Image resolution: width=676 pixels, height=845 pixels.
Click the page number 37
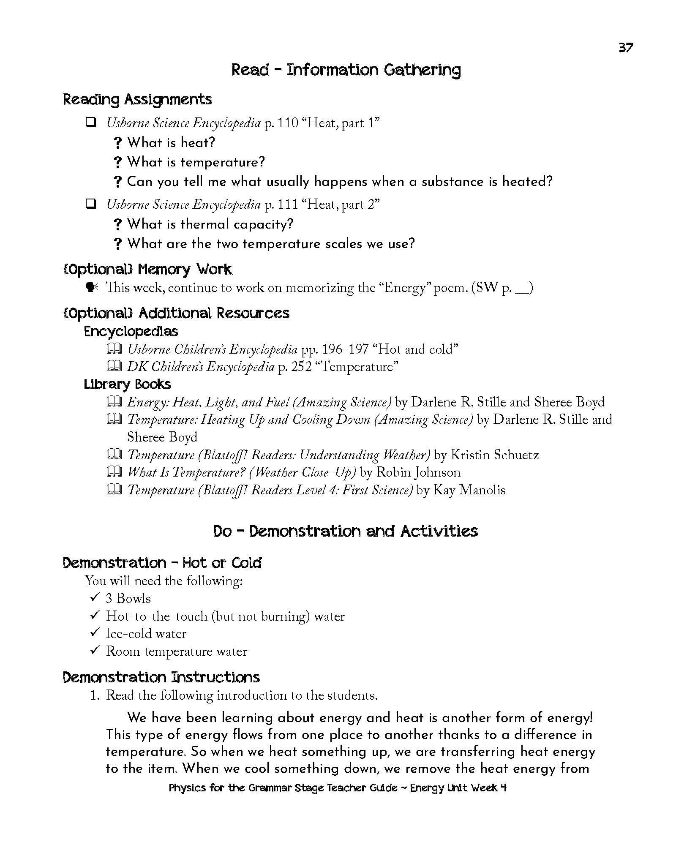tap(626, 47)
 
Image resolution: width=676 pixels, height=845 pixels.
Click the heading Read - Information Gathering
tap(346, 70)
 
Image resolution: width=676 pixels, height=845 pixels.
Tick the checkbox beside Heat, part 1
tap(90, 123)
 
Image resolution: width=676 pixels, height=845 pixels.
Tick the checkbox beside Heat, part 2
tap(90, 204)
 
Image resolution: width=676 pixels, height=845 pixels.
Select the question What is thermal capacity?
tap(210, 224)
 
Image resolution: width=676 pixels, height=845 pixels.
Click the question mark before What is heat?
tap(118, 143)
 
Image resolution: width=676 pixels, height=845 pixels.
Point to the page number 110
tap(287, 123)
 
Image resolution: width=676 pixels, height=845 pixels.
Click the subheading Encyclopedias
tap(131, 331)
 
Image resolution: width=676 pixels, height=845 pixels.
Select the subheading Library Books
tap(127, 384)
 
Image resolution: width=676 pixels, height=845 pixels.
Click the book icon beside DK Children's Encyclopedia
tap(114, 366)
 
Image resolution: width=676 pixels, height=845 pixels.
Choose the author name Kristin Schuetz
tap(494, 455)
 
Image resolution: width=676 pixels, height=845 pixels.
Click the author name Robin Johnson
tap(418, 472)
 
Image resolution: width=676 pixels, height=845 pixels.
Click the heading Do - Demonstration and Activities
tap(346, 531)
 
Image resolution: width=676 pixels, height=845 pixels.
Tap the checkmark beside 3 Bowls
tap(94, 598)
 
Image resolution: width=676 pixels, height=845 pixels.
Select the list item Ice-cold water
tap(146, 633)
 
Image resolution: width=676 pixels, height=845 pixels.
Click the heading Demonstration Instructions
tap(161, 677)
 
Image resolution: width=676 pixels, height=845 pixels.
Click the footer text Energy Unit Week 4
tap(458, 788)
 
